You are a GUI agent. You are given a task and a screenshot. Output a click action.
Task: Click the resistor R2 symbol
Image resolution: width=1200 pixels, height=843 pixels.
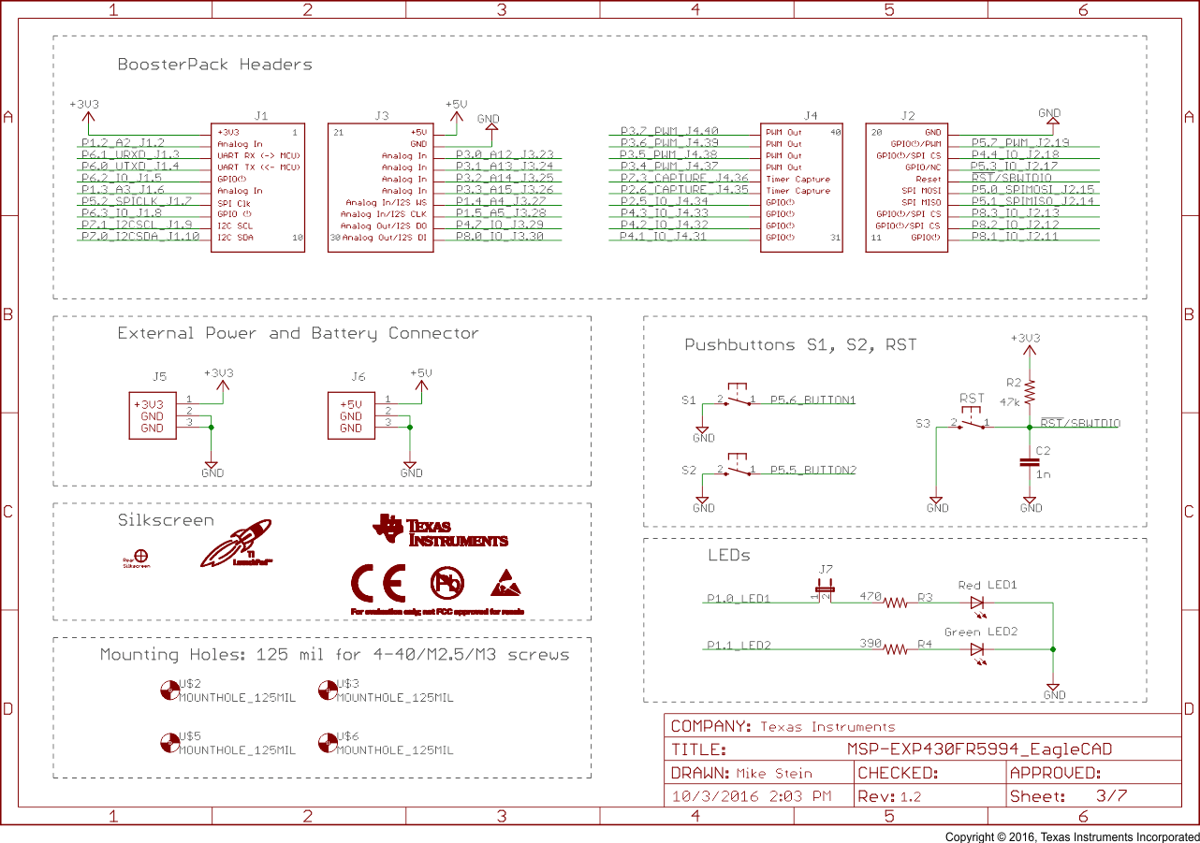(1030, 390)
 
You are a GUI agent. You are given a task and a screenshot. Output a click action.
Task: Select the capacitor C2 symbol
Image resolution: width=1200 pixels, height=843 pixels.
(1030, 461)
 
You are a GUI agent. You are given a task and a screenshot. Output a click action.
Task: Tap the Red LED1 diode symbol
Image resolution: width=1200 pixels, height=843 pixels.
(977, 603)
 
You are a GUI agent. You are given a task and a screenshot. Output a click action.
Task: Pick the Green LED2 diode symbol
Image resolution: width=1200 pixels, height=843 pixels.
(977, 649)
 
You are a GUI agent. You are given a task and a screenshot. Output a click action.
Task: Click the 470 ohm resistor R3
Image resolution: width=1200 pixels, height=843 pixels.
(896, 603)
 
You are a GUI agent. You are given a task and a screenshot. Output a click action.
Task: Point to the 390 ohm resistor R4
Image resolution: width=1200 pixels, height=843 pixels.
(896, 649)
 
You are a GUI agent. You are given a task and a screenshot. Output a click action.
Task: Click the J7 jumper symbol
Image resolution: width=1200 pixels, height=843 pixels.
(825, 591)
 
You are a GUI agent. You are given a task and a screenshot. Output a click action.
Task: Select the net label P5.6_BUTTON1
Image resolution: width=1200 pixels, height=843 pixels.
(812, 400)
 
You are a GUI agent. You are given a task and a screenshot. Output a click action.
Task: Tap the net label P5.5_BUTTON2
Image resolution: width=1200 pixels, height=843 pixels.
(812, 471)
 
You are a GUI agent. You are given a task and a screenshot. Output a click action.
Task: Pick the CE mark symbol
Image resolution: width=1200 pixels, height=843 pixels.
(377, 584)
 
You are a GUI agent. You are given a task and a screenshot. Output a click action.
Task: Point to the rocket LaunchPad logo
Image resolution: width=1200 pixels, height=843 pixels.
(236, 545)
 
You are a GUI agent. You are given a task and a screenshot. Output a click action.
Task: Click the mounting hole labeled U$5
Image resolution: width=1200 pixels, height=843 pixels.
(169, 743)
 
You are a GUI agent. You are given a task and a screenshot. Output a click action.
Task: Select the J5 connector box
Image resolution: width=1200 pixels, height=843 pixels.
(152, 416)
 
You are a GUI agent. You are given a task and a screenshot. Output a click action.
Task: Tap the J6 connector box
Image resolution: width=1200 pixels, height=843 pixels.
(350, 416)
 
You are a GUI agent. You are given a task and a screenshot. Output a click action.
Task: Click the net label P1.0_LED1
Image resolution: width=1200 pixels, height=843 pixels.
(738, 599)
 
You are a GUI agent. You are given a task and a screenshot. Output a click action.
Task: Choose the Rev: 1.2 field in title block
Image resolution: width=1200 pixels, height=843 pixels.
(889, 797)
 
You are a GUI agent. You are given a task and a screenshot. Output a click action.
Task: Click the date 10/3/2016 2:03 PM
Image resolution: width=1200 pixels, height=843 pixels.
(752, 797)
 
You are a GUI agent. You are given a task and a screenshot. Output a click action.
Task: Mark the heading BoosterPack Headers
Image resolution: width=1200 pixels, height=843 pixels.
(214, 65)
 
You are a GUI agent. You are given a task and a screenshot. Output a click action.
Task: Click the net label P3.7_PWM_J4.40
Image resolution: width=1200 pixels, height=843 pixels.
(669, 132)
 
